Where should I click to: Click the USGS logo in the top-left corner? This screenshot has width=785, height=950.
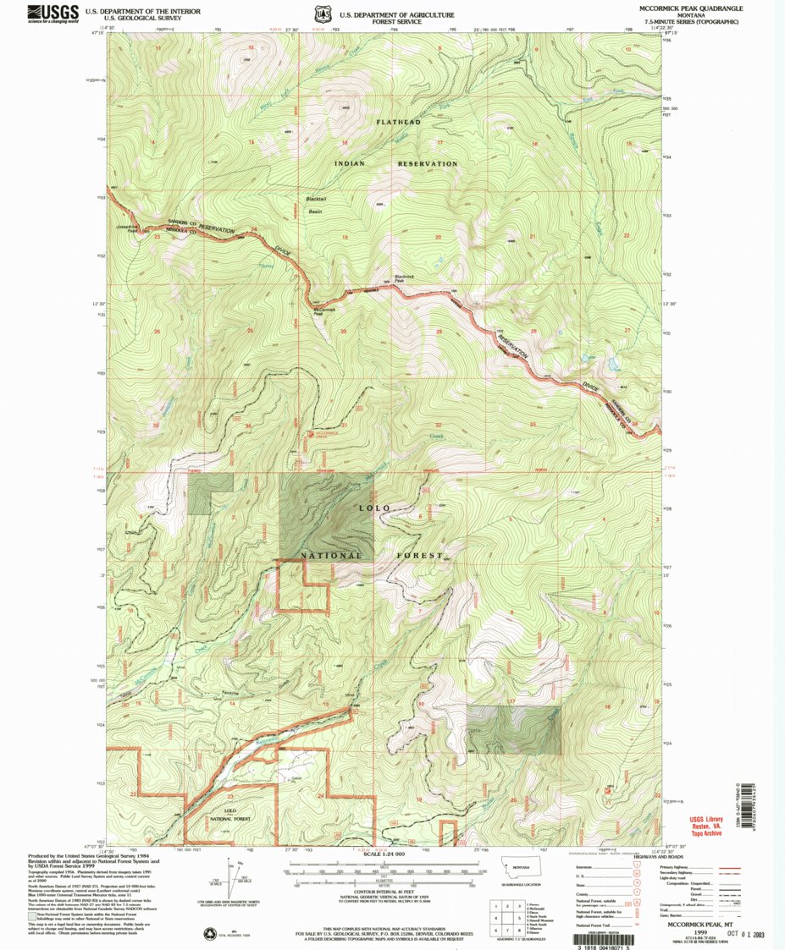click(x=53, y=13)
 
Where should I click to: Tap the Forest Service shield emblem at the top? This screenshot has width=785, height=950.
click(x=322, y=14)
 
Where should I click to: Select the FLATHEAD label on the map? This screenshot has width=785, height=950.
click(x=397, y=123)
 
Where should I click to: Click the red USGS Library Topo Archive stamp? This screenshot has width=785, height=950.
click(x=705, y=826)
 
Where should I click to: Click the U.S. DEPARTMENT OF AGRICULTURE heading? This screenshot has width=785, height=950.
click(x=396, y=15)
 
